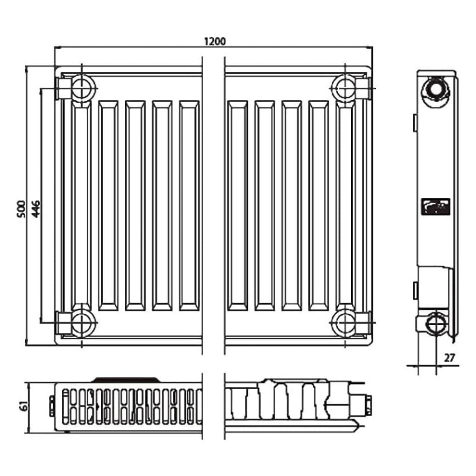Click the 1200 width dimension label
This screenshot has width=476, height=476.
(215, 41)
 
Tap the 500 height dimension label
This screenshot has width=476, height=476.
(22, 209)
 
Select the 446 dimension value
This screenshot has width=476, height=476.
(36, 209)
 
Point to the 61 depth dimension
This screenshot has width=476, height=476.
(24, 406)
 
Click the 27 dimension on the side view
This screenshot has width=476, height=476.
(450, 358)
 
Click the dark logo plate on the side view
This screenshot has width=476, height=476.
(435, 207)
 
